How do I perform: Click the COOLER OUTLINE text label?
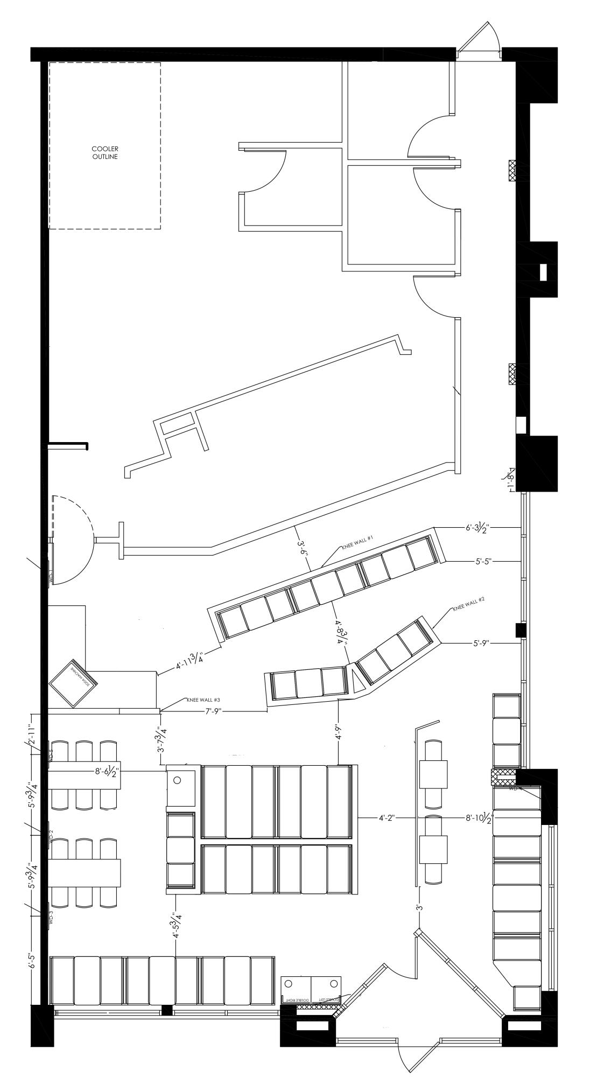[x=104, y=152]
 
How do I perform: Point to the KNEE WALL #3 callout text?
[x=203, y=700]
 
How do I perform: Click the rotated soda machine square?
[x=74, y=683]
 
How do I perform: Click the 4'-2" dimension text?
[x=387, y=817]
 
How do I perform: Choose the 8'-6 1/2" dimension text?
[x=106, y=772]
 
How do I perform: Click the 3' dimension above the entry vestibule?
[x=418, y=907]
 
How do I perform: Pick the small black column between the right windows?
[x=521, y=630]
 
